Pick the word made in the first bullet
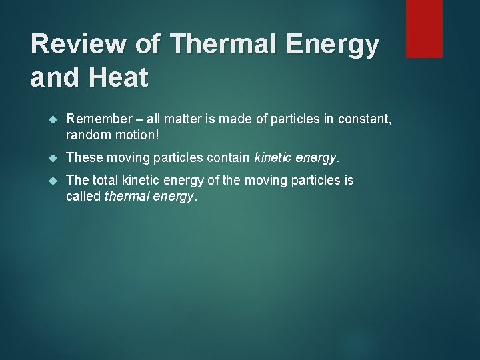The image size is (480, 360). [x=230, y=119]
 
